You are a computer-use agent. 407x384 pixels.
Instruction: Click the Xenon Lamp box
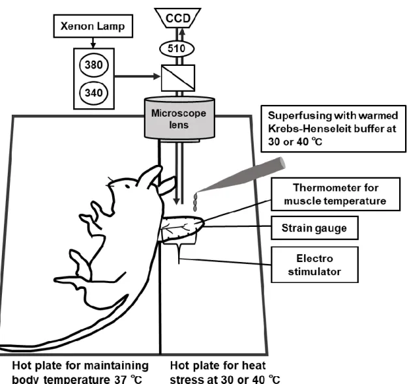(x=93, y=26)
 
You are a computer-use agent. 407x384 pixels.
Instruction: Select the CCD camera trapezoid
(x=177, y=18)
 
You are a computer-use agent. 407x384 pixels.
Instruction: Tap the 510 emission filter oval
(x=177, y=48)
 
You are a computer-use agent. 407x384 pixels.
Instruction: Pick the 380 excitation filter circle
(x=94, y=65)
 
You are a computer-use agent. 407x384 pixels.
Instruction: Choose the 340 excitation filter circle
(x=94, y=93)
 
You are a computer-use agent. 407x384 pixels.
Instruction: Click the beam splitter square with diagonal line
(x=178, y=78)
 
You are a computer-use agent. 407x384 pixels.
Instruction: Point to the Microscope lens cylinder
(x=179, y=118)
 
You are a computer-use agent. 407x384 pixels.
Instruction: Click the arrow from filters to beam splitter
(x=138, y=76)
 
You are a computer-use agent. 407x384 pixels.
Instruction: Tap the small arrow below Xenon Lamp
(x=93, y=43)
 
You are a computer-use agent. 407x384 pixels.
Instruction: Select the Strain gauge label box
(x=314, y=228)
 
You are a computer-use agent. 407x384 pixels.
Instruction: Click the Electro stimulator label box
(x=314, y=265)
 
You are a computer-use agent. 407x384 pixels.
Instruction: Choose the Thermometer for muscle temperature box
(x=335, y=194)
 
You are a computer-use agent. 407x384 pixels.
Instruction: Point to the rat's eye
(x=127, y=186)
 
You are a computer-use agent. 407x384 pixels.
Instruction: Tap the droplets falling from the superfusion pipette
(x=195, y=202)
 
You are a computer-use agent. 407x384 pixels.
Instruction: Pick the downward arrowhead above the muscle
(x=177, y=201)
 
